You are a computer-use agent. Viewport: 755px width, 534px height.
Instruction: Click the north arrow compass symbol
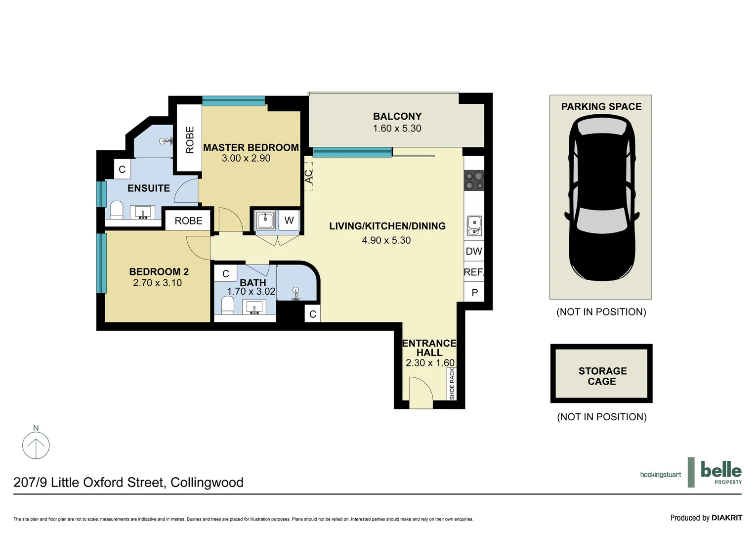click(36, 445)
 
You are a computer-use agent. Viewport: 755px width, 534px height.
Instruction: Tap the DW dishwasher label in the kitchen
click(473, 251)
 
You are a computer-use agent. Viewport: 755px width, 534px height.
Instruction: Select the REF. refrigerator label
click(473, 272)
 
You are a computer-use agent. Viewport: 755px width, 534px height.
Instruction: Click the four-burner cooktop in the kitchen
click(474, 180)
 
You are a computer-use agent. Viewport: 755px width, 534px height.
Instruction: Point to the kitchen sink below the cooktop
click(474, 226)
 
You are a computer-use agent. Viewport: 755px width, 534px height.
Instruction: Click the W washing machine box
click(289, 221)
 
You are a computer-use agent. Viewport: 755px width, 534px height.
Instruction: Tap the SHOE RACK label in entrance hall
click(452, 384)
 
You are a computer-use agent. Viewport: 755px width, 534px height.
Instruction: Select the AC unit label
click(308, 177)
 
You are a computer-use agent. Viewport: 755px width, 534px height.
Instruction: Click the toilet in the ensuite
click(117, 210)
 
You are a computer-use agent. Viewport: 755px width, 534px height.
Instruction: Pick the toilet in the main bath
click(227, 305)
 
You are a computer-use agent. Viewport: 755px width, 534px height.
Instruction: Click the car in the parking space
click(601, 198)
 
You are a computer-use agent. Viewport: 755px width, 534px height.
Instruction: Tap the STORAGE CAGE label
click(602, 376)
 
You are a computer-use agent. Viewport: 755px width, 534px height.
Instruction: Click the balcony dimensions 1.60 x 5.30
click(397, 129)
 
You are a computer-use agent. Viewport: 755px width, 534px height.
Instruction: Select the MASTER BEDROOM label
click(251, 147)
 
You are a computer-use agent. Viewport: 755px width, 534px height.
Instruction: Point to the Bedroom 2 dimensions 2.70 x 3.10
click(157, 283)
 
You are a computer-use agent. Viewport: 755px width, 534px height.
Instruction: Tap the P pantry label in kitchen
click(474, 293)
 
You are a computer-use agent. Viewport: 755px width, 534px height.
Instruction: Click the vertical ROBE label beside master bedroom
click(190, 140)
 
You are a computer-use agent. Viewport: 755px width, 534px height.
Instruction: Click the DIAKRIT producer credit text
click(726, 518)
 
